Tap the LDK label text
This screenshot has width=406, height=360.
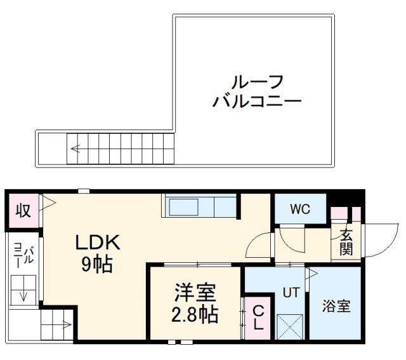coord(98,243)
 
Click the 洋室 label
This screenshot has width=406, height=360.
coord(196,293)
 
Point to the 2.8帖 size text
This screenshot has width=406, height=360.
coord(196,314)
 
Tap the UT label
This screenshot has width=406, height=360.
coord(291,293)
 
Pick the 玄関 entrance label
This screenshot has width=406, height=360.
coord(346,241)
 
